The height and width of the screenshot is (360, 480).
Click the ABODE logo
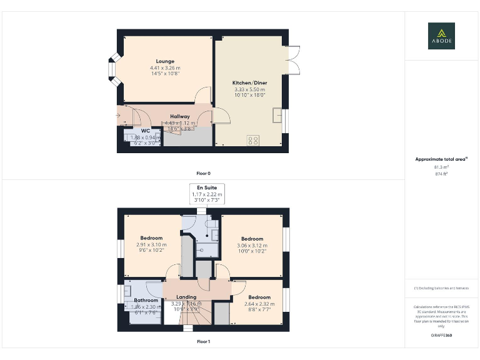tap(441, 36)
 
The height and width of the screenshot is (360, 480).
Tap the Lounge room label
tap(165, 61)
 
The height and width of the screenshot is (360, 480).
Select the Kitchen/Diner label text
tap(249, 83)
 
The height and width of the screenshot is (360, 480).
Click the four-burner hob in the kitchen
tap(254, 140)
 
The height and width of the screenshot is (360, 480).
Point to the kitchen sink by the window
tap(277, 116)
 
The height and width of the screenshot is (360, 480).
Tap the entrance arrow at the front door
tap(121, 115)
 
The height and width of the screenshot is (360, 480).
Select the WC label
tap(145, 131)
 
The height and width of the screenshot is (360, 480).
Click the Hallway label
tap(179, 116)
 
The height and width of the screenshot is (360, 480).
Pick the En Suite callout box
tap(207, 193)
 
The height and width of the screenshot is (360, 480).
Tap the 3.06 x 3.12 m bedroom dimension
tap(252, 245)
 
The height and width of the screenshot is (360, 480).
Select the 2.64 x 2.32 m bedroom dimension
tap(259, 304)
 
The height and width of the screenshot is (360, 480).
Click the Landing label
tap(186, 297)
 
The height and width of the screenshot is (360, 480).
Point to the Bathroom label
tap(146, 300)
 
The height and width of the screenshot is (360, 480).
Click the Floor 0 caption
tap(203, 173)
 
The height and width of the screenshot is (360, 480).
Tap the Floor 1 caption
tap(203, 342)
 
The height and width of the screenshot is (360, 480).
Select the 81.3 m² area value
tap(441, 167)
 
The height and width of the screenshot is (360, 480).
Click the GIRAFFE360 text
tap(441, 336)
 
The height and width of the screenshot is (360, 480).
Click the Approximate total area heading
tap(441, 159)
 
